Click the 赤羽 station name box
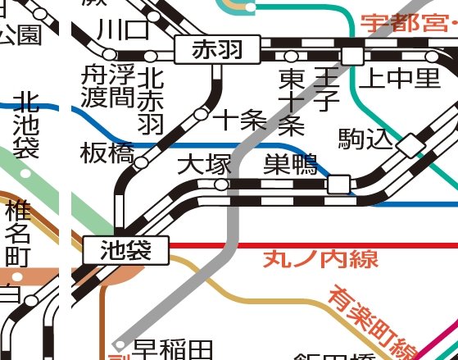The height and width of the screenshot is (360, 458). [x=218, y=51]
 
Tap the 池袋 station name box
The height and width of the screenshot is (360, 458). [x=126, y=249]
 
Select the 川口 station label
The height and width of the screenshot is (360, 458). [x=123, y=30]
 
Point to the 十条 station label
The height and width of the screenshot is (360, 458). [x=240, y=121]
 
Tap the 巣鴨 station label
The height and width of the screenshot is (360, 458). [x=290, y=165]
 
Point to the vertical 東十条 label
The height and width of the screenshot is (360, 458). [x=292, y=102]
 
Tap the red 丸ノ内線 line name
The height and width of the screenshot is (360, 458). [x=320, y=260]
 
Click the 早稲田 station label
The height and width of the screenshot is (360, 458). [x=173, y=349]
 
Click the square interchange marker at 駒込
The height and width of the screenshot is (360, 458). [x=408, y=146]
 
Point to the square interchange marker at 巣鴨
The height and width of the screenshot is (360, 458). [x=338, y=185]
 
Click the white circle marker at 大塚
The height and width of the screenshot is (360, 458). [x=221, y=185]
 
